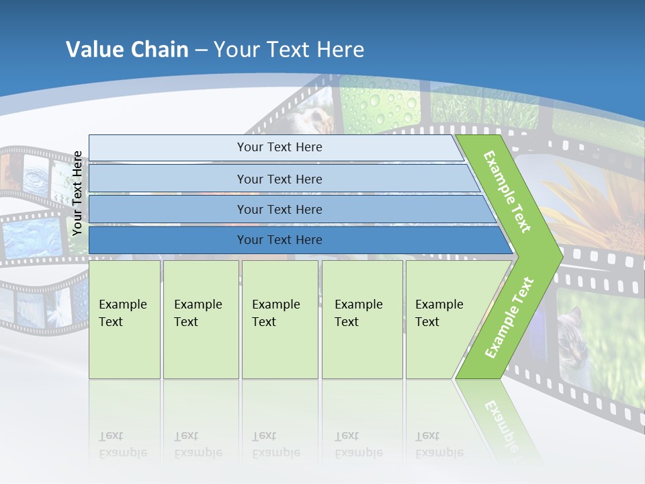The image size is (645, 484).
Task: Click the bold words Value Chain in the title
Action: (x=127, y=50)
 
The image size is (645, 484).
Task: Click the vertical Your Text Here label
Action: (x=77, y=193)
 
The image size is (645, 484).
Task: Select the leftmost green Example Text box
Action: (x=124, y=319)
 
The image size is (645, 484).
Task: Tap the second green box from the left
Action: (x=201, y=319)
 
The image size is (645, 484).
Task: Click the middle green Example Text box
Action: (x=279, y=319)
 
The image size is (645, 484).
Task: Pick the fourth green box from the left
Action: (x=362, y=319)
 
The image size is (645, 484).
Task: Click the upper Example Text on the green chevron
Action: (x=507, y=192)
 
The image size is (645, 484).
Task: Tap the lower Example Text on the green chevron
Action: (x=509, y=317)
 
